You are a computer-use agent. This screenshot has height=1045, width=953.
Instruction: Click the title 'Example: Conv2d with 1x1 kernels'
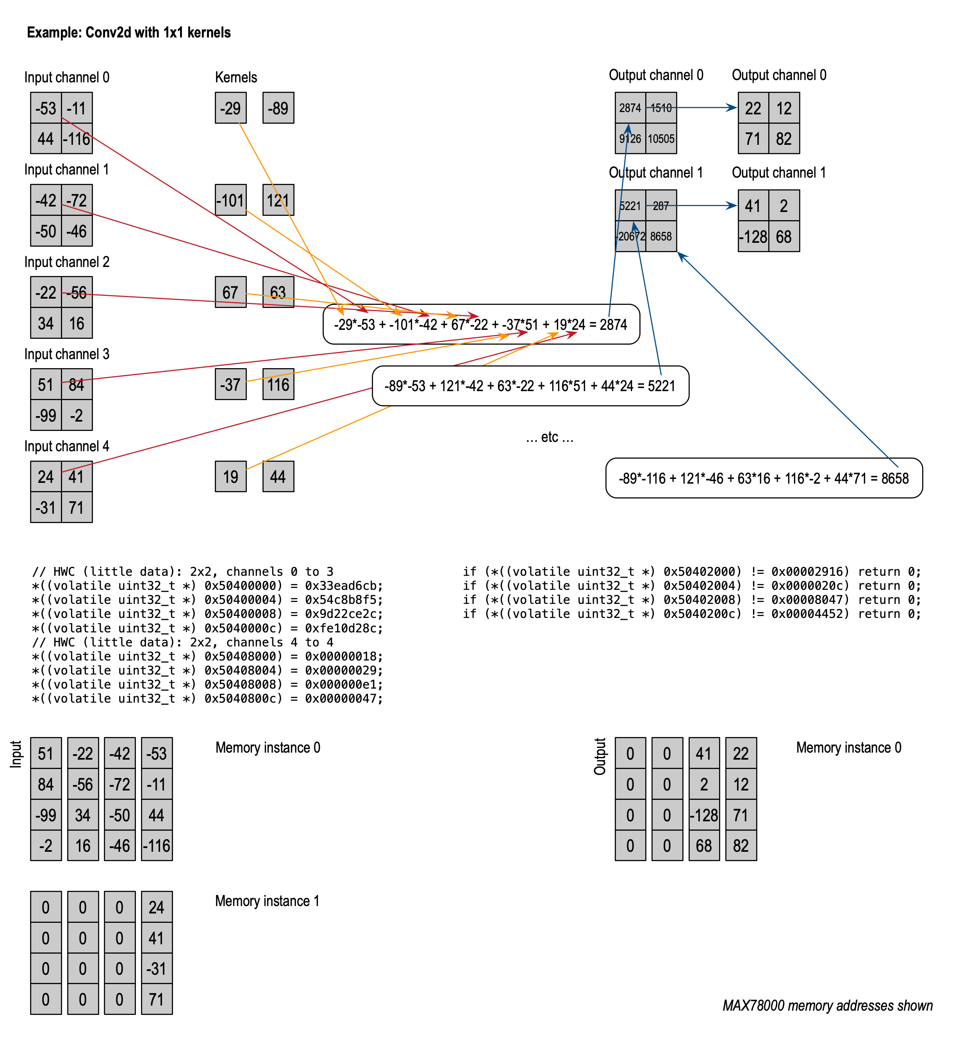(128, 33)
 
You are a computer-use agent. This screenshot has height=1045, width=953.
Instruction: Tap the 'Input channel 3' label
(67, 354)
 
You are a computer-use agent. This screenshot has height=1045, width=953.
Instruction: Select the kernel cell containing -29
(231, 108)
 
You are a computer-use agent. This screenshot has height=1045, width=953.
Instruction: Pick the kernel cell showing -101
(231, 200)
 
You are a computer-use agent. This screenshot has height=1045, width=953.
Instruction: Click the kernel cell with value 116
(278, 385)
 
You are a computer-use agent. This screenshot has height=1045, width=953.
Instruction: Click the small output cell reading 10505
(661, 139)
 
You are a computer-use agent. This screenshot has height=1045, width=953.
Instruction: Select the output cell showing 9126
(630, 139)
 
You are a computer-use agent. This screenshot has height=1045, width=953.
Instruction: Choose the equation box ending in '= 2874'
(481, 324)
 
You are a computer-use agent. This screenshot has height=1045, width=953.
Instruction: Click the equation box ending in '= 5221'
(530, 386)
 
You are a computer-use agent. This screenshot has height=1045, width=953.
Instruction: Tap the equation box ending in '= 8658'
(764, 478)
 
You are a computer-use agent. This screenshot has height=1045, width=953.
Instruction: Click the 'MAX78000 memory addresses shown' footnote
(828, 1006)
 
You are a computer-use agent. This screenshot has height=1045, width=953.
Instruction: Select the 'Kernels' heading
(236, 77)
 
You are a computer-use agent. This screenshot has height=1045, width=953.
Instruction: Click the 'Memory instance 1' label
(267, 901)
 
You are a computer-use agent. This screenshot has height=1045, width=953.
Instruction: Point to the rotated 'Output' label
(600, 757)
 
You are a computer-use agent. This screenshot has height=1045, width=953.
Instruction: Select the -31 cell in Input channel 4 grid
(46, 507)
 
